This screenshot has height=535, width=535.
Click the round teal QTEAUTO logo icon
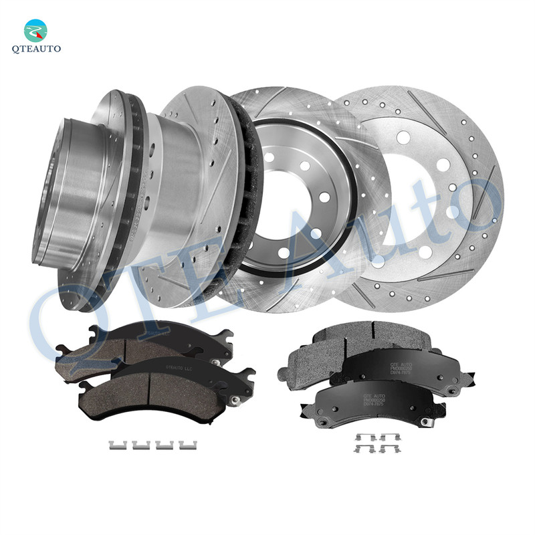(36, 31)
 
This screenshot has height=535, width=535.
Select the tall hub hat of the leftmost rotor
(67, 194)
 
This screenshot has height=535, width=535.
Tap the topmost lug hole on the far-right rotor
(403, 138)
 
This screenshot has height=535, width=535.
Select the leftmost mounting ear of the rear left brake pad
(62, 348)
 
